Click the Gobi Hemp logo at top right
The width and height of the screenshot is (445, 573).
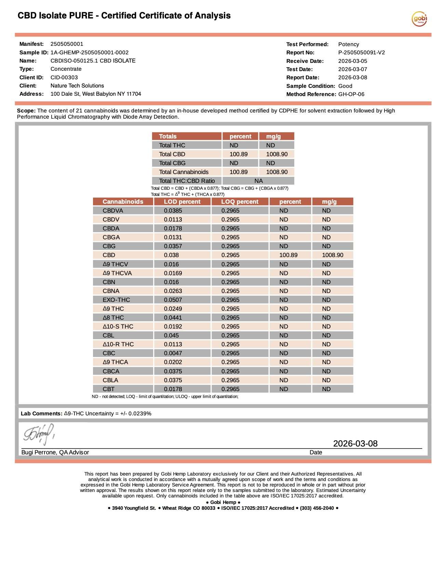click(x=419, y=18)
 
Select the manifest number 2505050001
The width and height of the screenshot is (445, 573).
click(x=67, y=44)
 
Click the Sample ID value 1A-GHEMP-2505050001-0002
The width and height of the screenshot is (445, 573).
click(x=90, y=52)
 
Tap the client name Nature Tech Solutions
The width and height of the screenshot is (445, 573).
click(x=77, y=85)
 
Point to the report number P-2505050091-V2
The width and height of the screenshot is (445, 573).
click(x=361, y=52)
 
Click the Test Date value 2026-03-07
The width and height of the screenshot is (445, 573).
click(x=352, y=69)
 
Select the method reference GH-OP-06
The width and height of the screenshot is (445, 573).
click(x=351, y=94)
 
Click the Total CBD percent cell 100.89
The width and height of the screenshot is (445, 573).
click(x=239, y=154)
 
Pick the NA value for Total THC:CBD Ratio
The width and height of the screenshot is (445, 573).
click(x=258, y=181)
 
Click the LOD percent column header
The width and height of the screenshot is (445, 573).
click(x=182, y=202)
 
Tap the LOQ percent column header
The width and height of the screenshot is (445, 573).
click(x=240, y=202)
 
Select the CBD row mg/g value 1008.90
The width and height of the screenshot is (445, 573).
click(x=333, y=255)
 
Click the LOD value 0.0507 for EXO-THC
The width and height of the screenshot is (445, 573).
click(x=173, y=300)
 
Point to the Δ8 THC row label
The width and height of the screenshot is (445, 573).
click(x=113, y=318)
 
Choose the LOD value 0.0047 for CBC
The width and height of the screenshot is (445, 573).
click(x=173, y=353)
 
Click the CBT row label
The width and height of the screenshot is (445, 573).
click(x=108, y=389)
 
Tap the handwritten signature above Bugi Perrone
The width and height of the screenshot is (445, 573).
click(x=39, y=434)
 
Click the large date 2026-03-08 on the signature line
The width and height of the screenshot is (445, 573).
click(x=355, y=443)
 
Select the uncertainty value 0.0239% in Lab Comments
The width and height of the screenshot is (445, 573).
click(x=140, y=413)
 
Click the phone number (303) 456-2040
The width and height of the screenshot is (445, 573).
click(x=316, y=508)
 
